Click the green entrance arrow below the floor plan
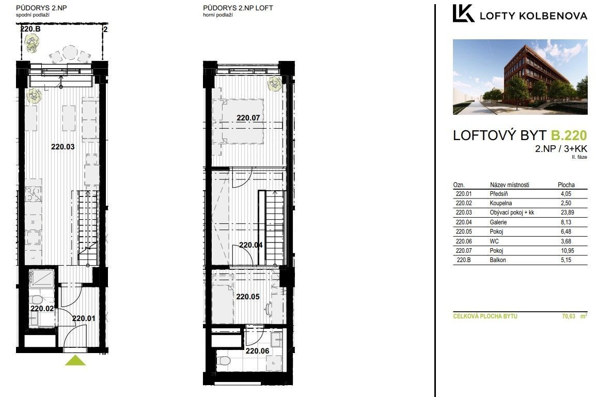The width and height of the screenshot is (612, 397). click(75, 361)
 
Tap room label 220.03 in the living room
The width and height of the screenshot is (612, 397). click(63, 147)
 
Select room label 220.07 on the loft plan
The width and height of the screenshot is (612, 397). click(248, 118)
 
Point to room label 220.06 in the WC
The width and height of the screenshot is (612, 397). click(257, 351)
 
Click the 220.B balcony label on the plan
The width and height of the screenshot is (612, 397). click(30, 29)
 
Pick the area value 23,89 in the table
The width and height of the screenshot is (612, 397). click(566, 212)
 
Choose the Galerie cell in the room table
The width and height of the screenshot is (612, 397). click(498, 222)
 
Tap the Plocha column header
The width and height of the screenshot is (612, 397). click(566, 185)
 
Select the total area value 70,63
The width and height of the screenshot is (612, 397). click(569, 316)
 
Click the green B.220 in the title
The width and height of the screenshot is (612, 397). click(569, 135)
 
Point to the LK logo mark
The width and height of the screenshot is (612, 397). click(463, 13)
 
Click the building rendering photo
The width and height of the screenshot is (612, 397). click(520, 77)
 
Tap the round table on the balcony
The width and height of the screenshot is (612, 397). click(70, 53)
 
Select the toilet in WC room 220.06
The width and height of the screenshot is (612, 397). click(225, 360)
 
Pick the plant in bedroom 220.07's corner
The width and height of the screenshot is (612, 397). click(274, 84)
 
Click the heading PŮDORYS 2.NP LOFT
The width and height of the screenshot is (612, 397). click(238, 8)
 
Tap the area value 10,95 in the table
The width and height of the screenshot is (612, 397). click(567, 251)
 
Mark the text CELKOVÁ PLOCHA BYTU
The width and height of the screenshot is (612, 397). click(485, 316)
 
